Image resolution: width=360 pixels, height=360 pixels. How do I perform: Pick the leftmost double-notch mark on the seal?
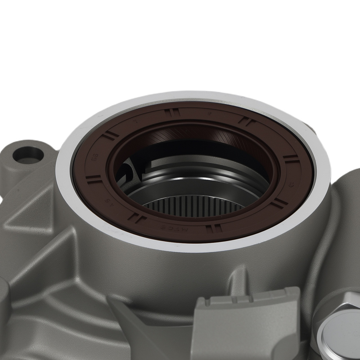[93, 179]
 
